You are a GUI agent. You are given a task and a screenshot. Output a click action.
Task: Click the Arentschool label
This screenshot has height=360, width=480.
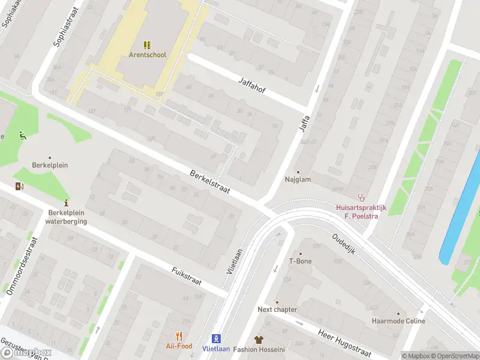point(147,55)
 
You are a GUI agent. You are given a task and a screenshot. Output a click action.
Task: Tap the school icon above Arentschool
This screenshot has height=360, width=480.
point(147,44)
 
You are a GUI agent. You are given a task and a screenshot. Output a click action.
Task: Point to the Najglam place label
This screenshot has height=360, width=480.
point(297,179)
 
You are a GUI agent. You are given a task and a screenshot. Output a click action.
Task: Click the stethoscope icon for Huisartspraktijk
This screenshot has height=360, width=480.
point(361,197)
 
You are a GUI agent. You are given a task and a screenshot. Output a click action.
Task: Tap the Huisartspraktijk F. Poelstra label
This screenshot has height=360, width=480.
point(361,212)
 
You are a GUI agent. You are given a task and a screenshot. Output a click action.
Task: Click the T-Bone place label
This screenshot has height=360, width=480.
point(300,261)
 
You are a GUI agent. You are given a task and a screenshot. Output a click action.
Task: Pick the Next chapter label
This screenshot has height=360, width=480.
point(277,310)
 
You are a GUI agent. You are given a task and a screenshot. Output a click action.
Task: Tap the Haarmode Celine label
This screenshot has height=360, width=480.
point(398,321)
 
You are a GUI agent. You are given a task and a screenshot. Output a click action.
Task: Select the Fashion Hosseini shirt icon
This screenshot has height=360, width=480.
point(259,340)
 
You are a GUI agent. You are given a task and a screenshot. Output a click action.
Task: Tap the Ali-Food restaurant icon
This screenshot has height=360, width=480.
point(179,336)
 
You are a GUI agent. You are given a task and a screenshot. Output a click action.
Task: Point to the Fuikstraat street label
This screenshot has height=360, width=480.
point(187,276)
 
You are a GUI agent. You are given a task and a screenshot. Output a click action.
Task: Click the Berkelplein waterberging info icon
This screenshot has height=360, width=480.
point(66,203)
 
